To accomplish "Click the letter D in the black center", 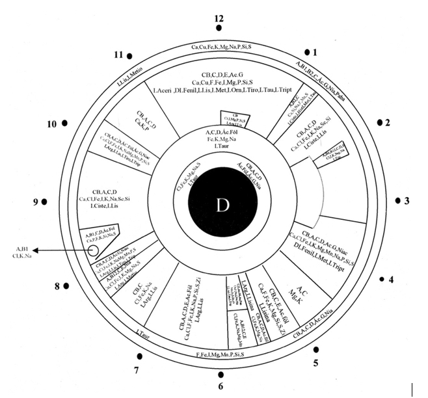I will tap(223, 206).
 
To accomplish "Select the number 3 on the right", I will tap(407, 201).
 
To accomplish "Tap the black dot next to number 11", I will tap(131, 57).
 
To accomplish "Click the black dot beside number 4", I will tap(382, 279).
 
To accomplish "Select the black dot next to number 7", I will tap(140, 356).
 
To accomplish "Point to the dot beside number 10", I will tap(65, 122).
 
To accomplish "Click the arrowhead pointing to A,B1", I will tap(36, 250).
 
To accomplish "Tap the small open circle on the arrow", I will tap(93, 250).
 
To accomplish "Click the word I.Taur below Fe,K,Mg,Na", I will tap(222, 148).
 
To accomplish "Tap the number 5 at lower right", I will tap(315, 362).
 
